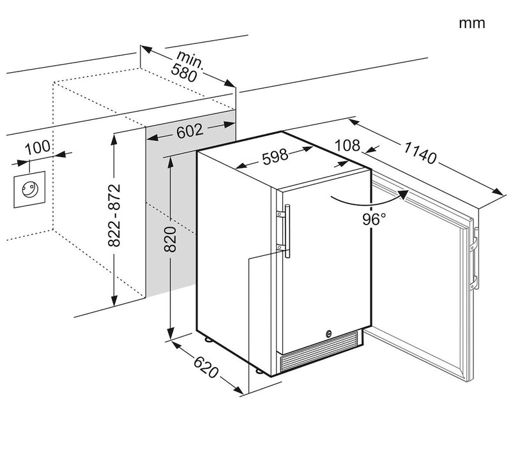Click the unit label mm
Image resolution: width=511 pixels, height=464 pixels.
[472, 24]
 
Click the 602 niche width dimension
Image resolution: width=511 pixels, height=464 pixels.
[190, 131]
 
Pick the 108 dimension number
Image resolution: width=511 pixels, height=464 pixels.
[348, 145]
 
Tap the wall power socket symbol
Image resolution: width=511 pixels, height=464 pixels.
[29, 188]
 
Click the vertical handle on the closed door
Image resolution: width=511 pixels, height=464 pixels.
[288, 233]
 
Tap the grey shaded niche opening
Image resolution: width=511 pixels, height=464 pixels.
[169, 211]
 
